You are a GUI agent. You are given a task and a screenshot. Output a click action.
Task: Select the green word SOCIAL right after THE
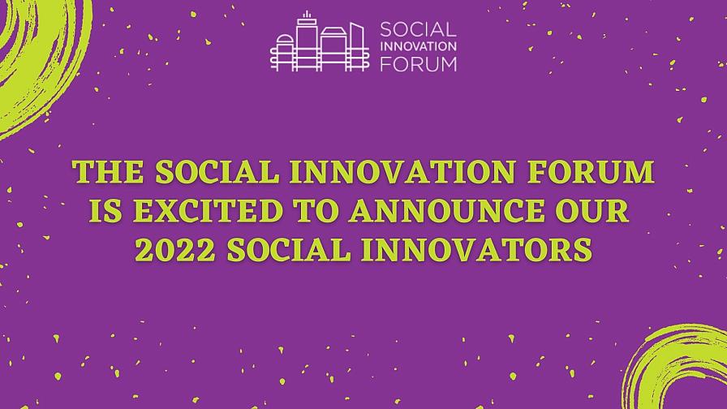point(217,172)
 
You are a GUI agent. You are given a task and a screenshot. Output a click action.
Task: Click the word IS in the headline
point(105,211)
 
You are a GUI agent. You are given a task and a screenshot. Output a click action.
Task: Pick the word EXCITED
point(209,211)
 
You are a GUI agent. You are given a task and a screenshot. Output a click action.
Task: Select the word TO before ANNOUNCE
point(317,211)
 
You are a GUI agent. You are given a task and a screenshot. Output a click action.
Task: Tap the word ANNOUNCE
point(447,211)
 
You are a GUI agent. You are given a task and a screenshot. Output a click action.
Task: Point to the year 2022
point(175,250)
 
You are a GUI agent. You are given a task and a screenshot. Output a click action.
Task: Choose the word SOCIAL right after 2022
point(289,250)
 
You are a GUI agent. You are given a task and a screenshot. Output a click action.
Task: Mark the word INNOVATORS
point(477,250)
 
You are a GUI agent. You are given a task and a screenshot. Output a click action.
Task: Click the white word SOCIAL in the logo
point(418,30)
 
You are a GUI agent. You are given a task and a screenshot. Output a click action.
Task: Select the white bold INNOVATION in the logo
point(418,46)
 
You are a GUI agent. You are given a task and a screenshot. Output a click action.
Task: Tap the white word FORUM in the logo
point(418,64)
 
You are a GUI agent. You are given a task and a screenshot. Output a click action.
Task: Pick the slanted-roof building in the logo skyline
point(356,46)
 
